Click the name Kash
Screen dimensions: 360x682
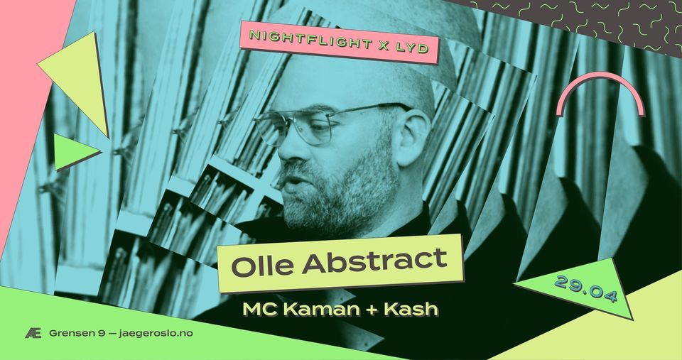pyautogui.click(x=413, y=310)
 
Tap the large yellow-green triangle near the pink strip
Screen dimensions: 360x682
pyautogui.click(x=78, y=78)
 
